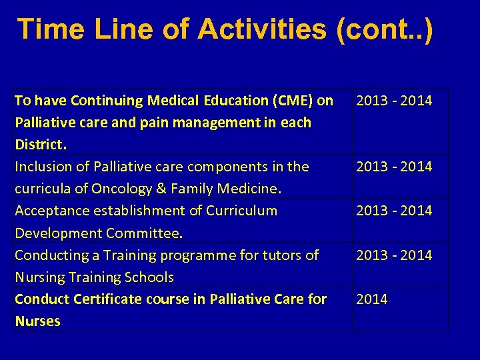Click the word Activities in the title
pos(262,30)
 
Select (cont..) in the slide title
pos(385,30)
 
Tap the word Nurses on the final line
pos(37,321)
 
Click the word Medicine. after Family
pos(248,189)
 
